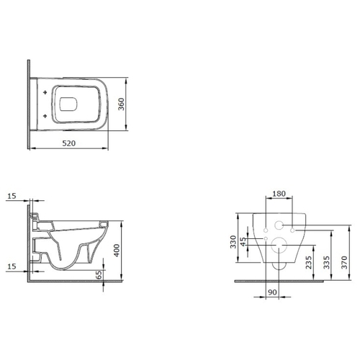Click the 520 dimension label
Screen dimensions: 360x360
click(69, 143)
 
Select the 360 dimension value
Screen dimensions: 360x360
click(122, 104)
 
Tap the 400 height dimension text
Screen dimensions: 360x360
click(117, 251)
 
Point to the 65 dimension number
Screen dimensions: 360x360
click(99, 274)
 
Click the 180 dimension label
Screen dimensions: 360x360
click(279, 194)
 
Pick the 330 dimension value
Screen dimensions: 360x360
click(233, 242)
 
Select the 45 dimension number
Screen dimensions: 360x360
click(243, 242)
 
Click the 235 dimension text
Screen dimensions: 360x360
click(309, 262)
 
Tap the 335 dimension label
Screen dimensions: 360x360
click(326, 262)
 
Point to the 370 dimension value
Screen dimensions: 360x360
click(344, 262)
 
